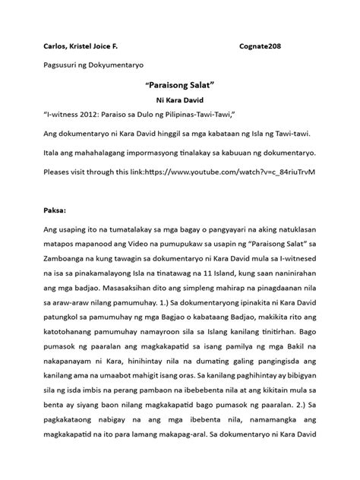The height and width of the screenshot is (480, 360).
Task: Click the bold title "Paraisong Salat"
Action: coord(180,86)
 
